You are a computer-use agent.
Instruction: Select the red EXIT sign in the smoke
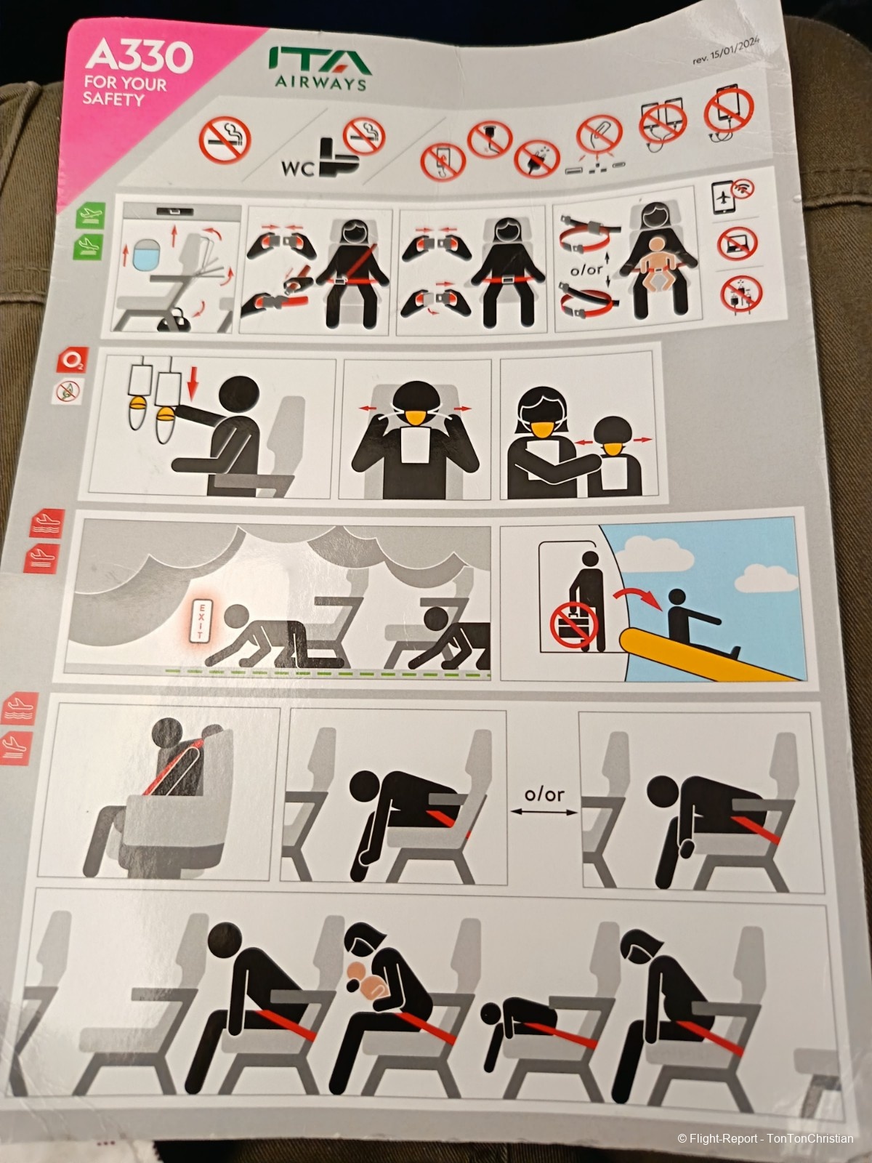[197, 621]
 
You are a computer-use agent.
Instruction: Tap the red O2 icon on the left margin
[72, 361]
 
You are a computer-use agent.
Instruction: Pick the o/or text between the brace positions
[544, 794]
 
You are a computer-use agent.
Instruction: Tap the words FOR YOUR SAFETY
[124, 91]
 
